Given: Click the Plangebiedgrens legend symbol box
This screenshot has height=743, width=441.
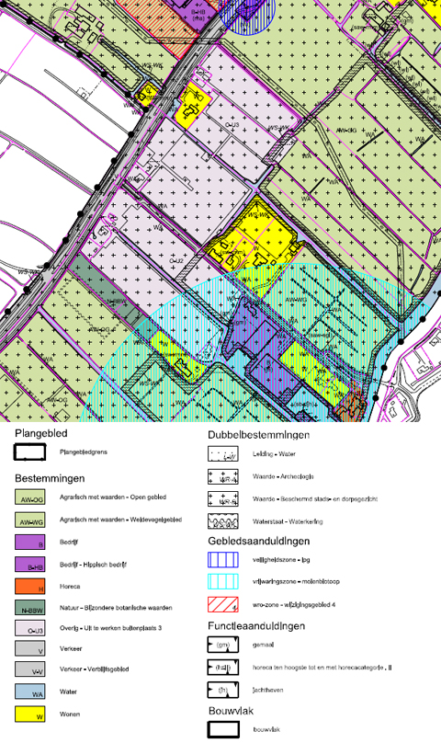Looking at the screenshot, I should click(x=32, y=452).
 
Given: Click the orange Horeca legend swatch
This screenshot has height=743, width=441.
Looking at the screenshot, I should click(x=32, y=586).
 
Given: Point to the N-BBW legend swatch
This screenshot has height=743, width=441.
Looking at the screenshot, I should click(x=32, y=608).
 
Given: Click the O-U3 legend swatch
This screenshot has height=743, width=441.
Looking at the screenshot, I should click(x=32, y=630).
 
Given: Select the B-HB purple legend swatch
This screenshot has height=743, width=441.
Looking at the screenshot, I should click(x=32, y=565).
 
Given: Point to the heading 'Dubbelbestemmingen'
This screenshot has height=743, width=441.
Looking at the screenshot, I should click(x=258, y=435).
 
